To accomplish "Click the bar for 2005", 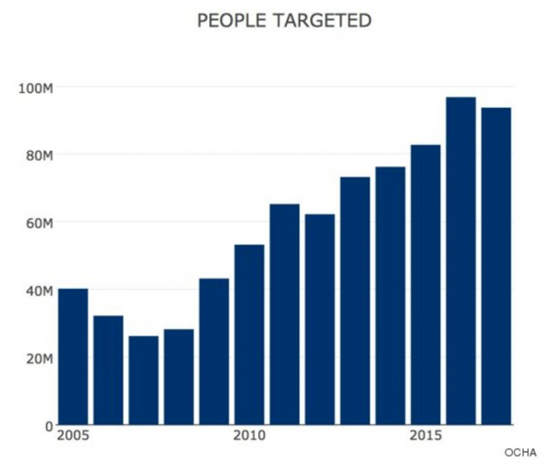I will point(73,357).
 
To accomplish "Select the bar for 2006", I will point(108,370).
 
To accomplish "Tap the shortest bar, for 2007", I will point(143,380).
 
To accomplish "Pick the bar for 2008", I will point(179,377).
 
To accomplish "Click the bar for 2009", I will point(214,352).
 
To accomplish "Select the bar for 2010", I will point(249,335).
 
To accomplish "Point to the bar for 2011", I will point(284,314).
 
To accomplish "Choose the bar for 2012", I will point(320,320).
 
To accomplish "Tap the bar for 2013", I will point(355,301).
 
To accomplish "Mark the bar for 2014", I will point(390,296).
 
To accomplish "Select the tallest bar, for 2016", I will point(461,261).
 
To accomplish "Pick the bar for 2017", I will point(496,267).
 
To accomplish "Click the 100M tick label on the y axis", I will point(35,87).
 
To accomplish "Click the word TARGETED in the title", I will point(325,21).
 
